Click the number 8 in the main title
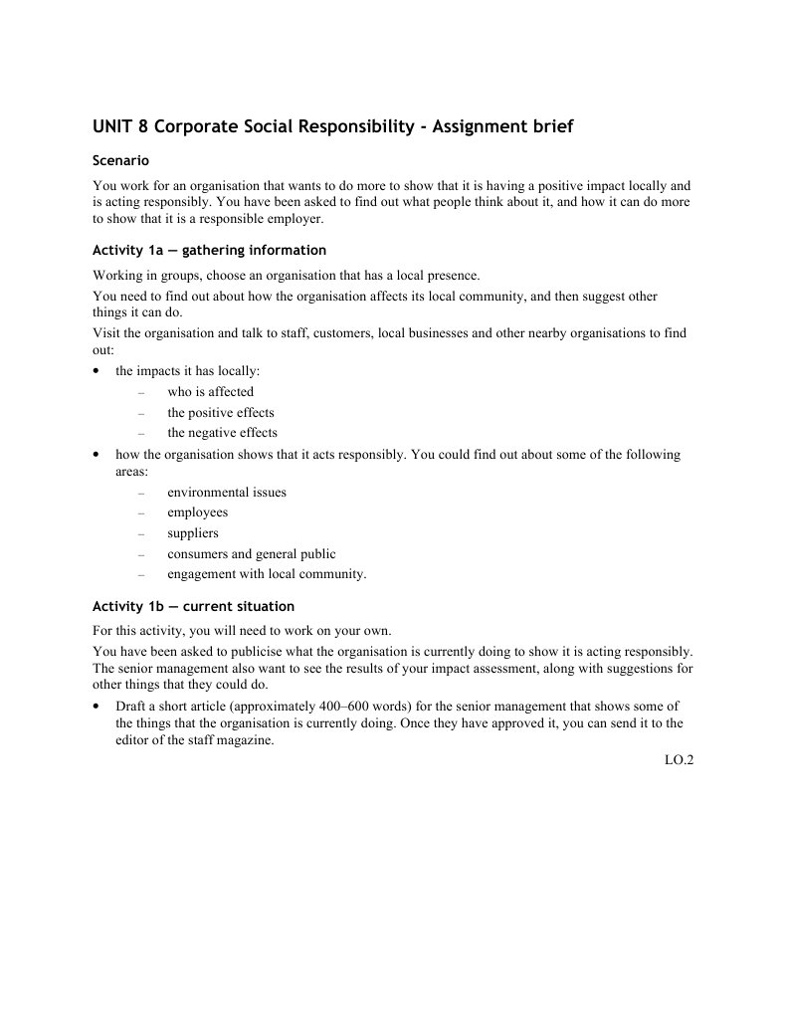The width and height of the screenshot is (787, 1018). (x=142, y=127)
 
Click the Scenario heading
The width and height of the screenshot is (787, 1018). (x=120, y=160)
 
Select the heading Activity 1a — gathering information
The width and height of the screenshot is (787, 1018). (x=209, y=250)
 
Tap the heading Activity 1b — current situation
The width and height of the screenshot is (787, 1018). (x=193, y=606)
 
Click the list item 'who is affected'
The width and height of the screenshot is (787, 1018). (x=210, y=391)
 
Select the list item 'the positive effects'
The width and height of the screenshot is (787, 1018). (x=220, y=412)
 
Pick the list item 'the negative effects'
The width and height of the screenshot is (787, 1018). (x=222, y=433)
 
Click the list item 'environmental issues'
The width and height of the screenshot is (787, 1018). (x=226, y=493)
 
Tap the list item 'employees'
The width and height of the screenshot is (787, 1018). (x=197, y=512)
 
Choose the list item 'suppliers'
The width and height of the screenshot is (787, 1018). (x=192, y=533)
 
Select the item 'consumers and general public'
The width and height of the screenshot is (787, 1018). (x=251, y=554)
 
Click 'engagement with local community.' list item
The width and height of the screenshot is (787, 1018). (x=267, y=574)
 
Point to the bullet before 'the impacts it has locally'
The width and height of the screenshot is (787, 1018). (x=96, y=371)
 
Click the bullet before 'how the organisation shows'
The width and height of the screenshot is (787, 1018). (x=96, y=455)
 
